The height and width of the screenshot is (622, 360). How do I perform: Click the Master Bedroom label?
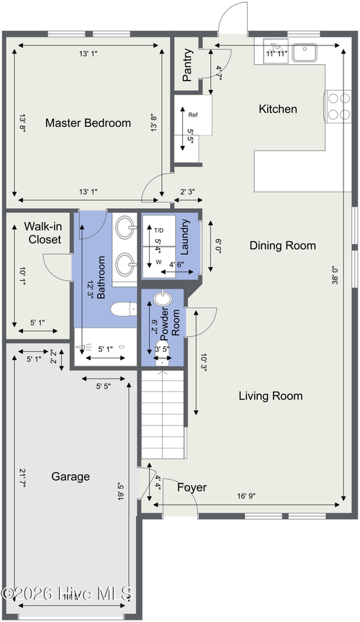pyautogui.click(x=88, y=123)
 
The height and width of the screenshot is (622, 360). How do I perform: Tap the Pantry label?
pyautogui.click(x=188, y=65)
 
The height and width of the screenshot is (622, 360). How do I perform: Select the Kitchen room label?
pyautogui.click(x=277, y=109)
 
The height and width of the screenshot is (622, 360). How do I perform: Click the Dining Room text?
pyautogui.click(x=282, y=245)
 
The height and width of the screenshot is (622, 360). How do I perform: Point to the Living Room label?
pyautogui.click(x=270, y=396)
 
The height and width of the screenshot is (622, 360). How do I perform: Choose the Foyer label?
pyautogui.click(x=192, y=487)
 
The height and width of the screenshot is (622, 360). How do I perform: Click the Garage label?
pyautogui.click(x=71, y=477)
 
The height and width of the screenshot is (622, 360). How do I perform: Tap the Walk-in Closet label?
pyautogui.click(x=42, y=233)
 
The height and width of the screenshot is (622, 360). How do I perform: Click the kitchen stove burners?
pyautogui.click(x=338, y=104)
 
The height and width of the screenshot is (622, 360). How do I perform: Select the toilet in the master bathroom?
pyautogui.click(x=123, y=310)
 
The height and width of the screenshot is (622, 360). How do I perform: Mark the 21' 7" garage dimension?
pyautogui.click(x=23, y=478)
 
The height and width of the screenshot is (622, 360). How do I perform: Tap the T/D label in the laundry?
pyautogui.click(x=158, y=230)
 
